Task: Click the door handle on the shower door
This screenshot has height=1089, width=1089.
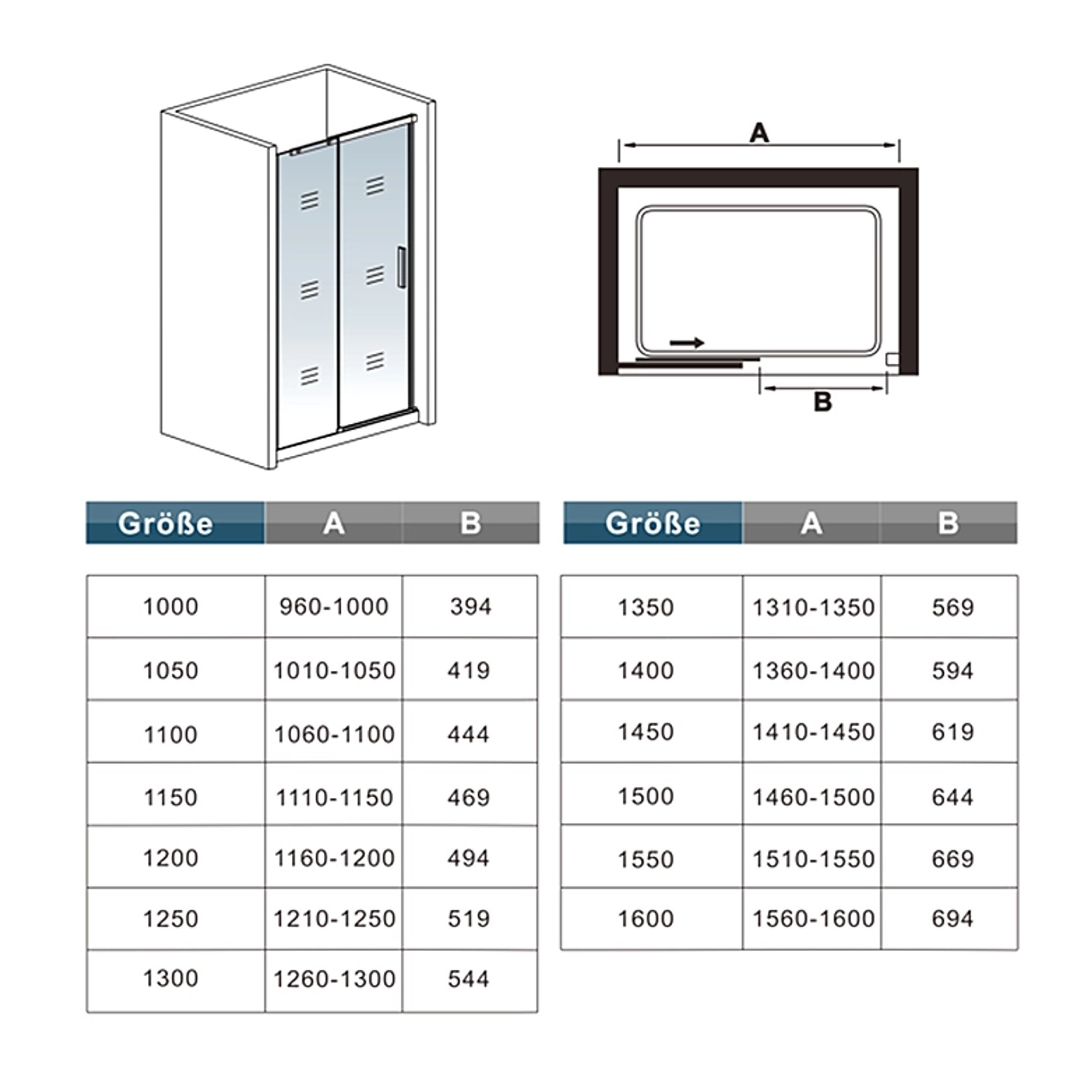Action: pos(401,267)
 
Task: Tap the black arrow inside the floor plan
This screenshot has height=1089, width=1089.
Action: pos(687,343)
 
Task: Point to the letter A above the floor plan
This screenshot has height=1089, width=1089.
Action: pos(759,133)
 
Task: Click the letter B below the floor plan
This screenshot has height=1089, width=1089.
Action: pos(823,401)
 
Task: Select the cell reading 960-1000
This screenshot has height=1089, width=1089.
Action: pos(334,606)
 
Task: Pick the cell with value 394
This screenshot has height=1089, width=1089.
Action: pos(470,606)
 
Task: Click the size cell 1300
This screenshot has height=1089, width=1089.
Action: pos(171,979)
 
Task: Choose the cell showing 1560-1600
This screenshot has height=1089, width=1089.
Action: pos(813,918)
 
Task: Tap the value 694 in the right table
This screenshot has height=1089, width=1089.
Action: pos(953,918)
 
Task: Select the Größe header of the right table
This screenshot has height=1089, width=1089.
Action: pos(653,523)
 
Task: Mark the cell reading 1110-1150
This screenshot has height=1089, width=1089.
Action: pos(334,797)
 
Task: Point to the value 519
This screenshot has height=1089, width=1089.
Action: pos(469,918)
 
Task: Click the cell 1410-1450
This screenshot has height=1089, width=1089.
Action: pos(813,732)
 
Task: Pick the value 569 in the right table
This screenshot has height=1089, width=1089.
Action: pos(953,607)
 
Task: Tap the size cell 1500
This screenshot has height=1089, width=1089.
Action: pos(645,796)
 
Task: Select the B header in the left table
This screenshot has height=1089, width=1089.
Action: pos(470,523)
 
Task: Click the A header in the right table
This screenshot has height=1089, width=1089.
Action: pos(812,523)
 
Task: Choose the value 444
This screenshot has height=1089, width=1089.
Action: pos(469,734)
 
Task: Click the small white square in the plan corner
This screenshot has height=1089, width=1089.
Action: pos(892,359)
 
